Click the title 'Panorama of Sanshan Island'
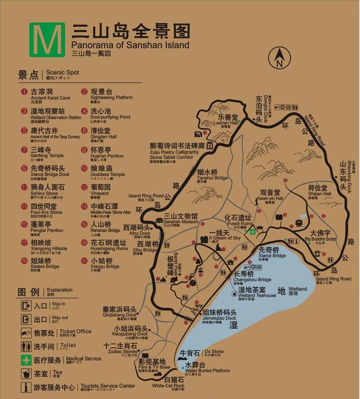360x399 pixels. [130, 44]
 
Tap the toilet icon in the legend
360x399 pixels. [26, 346]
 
